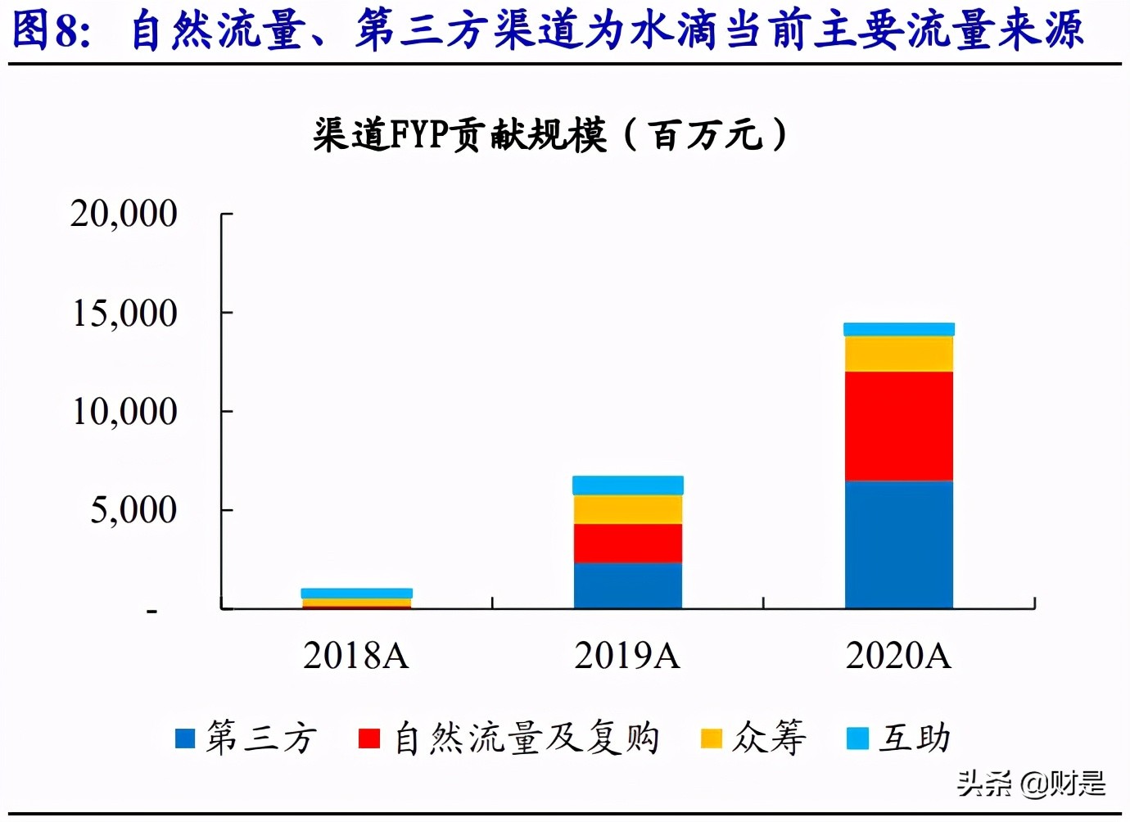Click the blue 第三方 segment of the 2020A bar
coord(899,544)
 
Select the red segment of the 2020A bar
coord(899,426)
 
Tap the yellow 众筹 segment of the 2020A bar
coord(899,354)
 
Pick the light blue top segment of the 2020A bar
coord(899,329)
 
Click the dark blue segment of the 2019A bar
coord(628,585)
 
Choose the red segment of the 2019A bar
coord(628,543)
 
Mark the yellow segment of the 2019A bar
coord(628,509)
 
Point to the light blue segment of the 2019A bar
coord(628,486)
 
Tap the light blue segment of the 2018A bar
coord(357,593)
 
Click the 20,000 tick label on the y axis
coord(124,214)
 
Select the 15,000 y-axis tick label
coord(124,313)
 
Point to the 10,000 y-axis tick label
coord(124,411)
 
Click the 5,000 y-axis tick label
coord(133,510)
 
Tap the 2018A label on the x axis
coord(356,656)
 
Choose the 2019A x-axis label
coord(627,656)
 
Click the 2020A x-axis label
coord(898,656)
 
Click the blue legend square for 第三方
coord(186,738)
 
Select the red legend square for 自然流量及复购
coord(369,738)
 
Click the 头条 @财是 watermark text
coord(1032,784)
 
